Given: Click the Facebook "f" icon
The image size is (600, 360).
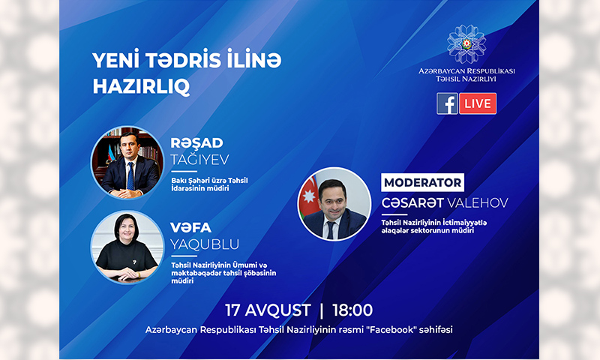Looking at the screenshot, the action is [447, 103].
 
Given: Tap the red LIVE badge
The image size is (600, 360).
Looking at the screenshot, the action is [478, 103].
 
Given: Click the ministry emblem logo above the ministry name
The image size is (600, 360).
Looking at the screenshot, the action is [466, 44].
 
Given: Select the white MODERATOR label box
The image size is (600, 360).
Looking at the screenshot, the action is [422, 182].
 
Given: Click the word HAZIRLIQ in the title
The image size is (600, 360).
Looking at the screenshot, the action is [141, 86].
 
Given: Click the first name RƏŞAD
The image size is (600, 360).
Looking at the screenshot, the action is [196, 143].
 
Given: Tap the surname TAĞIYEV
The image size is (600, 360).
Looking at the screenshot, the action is [199, 160].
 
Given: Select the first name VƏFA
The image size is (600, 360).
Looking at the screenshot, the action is [191, 228].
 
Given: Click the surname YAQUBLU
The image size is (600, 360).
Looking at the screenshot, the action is [205, 244].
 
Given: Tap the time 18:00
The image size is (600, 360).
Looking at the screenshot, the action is [352, 310].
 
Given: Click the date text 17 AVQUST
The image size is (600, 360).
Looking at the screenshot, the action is [268, 310].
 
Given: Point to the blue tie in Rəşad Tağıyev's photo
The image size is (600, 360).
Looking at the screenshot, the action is [130, 175].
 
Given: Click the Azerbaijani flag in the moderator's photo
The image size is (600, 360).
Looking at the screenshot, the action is [309, 198].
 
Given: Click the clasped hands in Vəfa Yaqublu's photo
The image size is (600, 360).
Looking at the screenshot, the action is [127, 274].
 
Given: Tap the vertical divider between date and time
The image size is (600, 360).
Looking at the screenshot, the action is [322, 310].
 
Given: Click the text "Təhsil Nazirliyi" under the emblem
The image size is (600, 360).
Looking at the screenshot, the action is [466, 79].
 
